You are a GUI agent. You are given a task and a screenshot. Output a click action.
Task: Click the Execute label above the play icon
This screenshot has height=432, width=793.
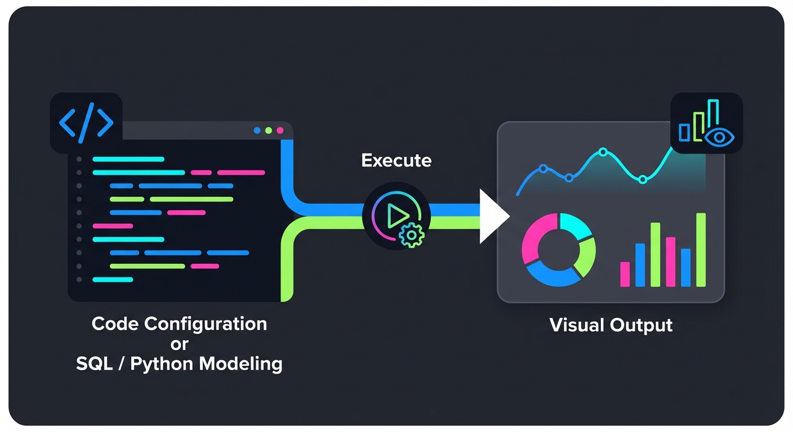(x=396, y=161)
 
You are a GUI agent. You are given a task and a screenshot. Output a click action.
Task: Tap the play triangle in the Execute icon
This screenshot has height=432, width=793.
(x=398, y=215)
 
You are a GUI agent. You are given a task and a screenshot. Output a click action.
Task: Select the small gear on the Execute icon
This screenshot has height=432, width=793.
(x=411, y=235)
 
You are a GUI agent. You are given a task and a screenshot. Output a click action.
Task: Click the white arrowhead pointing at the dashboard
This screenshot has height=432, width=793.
(x=492, y=216)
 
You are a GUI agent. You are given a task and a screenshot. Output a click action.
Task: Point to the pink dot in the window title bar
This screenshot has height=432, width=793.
(x=280, y=130)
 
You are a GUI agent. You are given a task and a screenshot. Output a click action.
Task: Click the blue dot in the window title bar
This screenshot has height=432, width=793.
(x=257, y=130)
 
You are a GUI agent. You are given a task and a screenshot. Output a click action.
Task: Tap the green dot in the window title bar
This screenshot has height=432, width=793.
(x=269, y=130)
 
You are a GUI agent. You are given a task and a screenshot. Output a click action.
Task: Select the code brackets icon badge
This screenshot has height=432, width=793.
(x=86, y=123)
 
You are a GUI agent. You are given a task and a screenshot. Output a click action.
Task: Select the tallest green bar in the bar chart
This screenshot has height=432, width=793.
(x=701, y=250)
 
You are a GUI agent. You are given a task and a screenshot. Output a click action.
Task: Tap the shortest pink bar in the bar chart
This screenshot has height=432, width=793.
(x=625, y=274)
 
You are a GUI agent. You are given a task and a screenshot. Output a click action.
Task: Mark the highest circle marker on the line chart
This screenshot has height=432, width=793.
(x=603, y=152)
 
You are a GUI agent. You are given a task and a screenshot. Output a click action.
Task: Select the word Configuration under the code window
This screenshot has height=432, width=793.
(x=214, y=324)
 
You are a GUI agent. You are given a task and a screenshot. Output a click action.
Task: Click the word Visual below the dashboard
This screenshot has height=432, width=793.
(x=577, y=325)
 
